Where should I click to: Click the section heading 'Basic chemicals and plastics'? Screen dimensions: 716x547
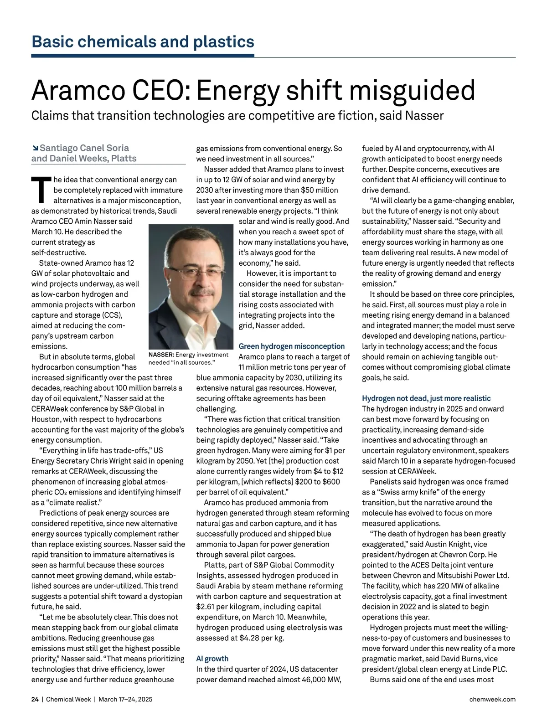pyautogui.click(x=143, y=42)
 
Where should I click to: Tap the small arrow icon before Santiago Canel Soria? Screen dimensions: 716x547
pyautogui.click(x=35, y=148)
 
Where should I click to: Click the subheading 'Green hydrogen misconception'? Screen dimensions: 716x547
pyautogui.click(x=292, y=346)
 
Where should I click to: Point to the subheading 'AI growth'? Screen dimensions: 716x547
pyautogui.click(x=212, y=659)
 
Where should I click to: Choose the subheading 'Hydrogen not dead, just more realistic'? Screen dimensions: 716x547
pyautogui.click(x=426, y=398)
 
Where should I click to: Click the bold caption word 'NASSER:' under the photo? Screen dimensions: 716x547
pyautogui.click(x=161, y=355)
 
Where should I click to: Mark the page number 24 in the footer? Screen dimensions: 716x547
pyautogui.click(x=35, y=699)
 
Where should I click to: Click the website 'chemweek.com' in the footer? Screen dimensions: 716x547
pyautogui.click(x=492, y=699)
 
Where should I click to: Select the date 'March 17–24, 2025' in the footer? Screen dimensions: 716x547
pyautogui.click(x=125, y=699)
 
